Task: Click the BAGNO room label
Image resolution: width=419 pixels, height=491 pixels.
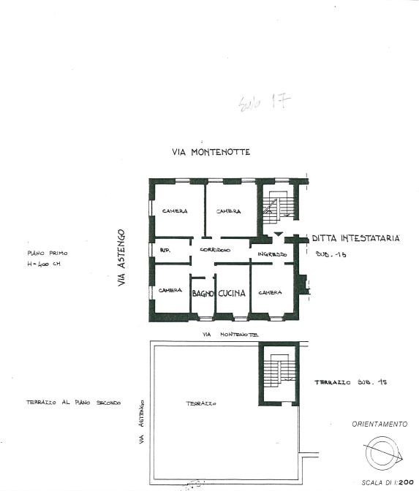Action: click(x=202, y=293)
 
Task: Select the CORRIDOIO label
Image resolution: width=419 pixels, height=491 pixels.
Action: click(x=215, y=250)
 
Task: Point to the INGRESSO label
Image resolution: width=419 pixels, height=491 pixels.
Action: click(x=271, y=254)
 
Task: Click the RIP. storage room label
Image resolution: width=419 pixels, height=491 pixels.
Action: click(x=165, y=250)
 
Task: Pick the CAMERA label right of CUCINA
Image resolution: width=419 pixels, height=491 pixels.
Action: click(x=270, y=293)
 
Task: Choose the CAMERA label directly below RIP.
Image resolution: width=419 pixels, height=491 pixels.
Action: click(x=170, y=290)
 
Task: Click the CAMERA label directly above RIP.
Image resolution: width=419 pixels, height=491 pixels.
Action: click(x=175, y=211)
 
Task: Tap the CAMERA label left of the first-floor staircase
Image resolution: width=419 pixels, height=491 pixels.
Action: click(x=228, y=211)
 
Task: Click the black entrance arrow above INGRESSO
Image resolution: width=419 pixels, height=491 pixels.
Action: click(x=278, y=234)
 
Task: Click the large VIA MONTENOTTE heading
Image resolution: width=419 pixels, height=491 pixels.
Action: click(x=211, y=153)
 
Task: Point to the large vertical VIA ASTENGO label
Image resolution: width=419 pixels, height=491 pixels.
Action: click(x=122, y=256)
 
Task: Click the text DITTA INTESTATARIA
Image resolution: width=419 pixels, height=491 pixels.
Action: click(x=355, y=238)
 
